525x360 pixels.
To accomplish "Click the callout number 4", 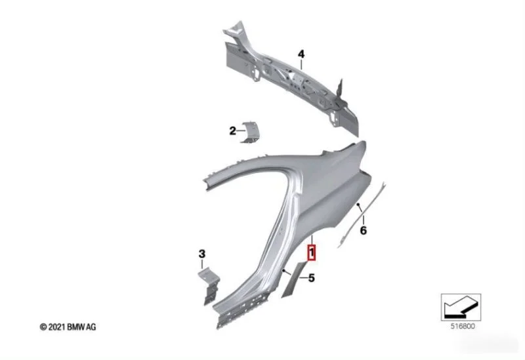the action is coord(301,54).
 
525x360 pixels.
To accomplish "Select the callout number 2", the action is coord(233,130).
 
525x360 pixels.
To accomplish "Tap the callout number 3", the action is coord(202,254).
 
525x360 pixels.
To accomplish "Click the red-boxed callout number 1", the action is coord(312,252).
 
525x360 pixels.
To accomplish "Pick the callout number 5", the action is coord(312,278).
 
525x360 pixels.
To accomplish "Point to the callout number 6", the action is coord(364,230).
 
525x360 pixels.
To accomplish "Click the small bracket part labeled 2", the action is coord(251,132).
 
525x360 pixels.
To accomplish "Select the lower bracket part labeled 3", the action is coord(209,287).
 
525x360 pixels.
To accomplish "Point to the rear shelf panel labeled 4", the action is coord(291,79).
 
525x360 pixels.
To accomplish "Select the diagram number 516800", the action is coord(463,326).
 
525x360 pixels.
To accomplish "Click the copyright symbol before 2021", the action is coord(43,327).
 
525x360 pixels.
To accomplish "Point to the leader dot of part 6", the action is coord(358,204).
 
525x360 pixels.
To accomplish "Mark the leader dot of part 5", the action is coord(284,270).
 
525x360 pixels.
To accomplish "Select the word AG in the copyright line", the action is coord(91,327).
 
